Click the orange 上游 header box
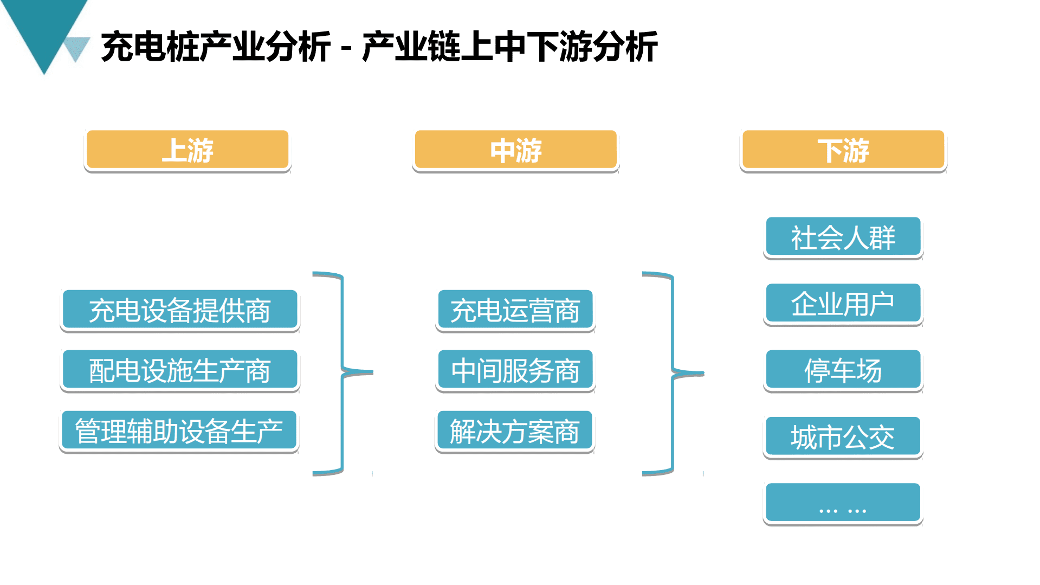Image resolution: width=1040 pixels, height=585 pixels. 188,150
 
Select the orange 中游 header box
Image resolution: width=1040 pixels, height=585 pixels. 515,150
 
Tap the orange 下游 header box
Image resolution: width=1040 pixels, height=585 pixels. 843,150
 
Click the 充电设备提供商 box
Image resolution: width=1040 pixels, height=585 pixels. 179,310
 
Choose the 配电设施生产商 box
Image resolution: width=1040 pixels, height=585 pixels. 179,370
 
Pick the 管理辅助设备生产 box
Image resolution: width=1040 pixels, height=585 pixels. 179,431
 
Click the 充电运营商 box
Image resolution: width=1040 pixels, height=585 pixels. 515,310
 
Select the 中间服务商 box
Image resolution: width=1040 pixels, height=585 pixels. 515,370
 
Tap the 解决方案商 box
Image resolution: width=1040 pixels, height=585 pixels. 514,431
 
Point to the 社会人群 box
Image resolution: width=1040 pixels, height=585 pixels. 843,237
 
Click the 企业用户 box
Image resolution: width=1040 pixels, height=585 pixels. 843,304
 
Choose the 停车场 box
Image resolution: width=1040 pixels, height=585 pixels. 843,370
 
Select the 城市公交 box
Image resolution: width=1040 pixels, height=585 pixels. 842,437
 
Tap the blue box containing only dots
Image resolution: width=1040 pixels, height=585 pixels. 842,503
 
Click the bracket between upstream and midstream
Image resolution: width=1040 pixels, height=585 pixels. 343,372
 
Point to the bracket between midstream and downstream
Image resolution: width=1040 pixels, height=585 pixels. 673,372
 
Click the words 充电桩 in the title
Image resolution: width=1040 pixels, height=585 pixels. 150,47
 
